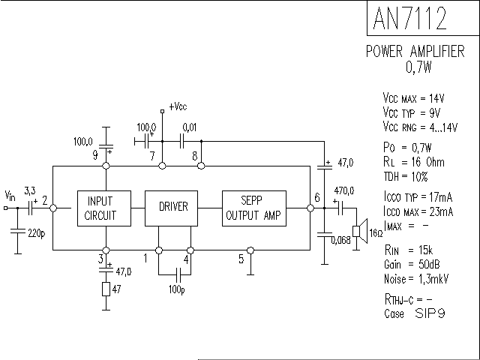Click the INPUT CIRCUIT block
pyautogui.click(x=104, y=208)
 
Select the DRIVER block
pyautogui.click(x=171, y=208)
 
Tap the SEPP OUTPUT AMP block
pyautogui.click(x=254, y=208)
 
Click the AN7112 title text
pyautogui.click(x=410, y=18)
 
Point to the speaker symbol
pyautogui.click(x=360, y=232)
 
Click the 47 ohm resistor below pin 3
pyautogui.click(x=106, y=289)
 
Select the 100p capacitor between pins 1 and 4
pyautogui.click(x=179, y=274)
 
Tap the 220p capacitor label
pyautogui.click(x=37, y=233)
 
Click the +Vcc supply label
pyautogui.click(x=178, y=106)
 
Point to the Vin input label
pyautogui.click(x=10, y=196)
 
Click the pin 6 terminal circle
pyautogui.click(x=310, y=208)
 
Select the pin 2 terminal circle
pyautogui.click(x=53, y=208)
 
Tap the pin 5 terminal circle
pyautogui.click(x=250, y=250)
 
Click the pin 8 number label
pyautogui.click(x=195, y=156)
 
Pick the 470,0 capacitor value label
pyautogui.click(x=344, y=190)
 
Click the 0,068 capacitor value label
pyautogui.click(x=341, y=241)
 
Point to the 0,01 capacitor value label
pyautogui.click(x=190, y=127)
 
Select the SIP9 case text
pyautogui.click(x=430, y=313)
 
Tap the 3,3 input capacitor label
pyautogui.click(x=30, y=191)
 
